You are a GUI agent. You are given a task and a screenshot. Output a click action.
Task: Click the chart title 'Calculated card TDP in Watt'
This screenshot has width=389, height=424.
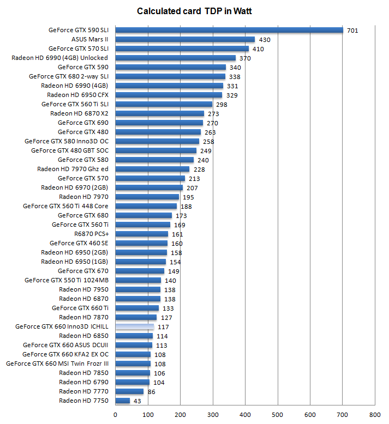pos(194,11)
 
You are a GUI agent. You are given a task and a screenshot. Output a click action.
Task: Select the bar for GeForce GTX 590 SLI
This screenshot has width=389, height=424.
pos(229,30)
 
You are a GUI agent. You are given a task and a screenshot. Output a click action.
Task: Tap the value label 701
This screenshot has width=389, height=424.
pos(352,31)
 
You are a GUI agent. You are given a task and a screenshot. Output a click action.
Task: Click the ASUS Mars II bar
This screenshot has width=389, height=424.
pos(185,39)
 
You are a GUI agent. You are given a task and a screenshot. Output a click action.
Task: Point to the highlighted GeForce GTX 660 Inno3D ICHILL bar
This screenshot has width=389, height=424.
pos(135,326)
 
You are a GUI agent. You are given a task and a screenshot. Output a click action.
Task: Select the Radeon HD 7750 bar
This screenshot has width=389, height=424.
pos(123,401)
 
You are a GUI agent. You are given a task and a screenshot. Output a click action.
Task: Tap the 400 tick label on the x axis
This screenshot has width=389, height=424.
pos(245,415)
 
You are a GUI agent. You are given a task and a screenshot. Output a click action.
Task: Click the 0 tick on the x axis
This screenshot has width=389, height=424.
pos(115,415)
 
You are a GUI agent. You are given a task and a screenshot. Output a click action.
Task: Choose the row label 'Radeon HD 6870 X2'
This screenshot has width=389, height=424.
pos(79,113)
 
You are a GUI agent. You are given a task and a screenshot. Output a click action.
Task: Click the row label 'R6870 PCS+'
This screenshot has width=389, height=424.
pos(91,234)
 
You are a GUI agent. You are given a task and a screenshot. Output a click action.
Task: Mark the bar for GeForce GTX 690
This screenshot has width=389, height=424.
pos(159,123)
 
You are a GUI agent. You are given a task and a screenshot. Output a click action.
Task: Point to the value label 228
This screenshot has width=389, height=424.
pos(199,169)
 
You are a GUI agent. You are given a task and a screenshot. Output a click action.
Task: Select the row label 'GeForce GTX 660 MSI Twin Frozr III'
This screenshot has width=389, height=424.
pos(57,364)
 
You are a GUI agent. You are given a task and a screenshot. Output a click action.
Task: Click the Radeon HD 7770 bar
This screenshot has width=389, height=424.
pos(129,391)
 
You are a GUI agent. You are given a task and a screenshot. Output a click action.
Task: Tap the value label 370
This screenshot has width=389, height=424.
pos(245,58)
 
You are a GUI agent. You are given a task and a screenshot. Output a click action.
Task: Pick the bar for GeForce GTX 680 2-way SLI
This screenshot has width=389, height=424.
pos(170,76)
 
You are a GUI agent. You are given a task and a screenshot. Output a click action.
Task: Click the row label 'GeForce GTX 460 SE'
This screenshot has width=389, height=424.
pos(79,243)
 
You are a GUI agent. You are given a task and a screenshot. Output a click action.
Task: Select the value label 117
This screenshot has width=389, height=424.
pos(162,327)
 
